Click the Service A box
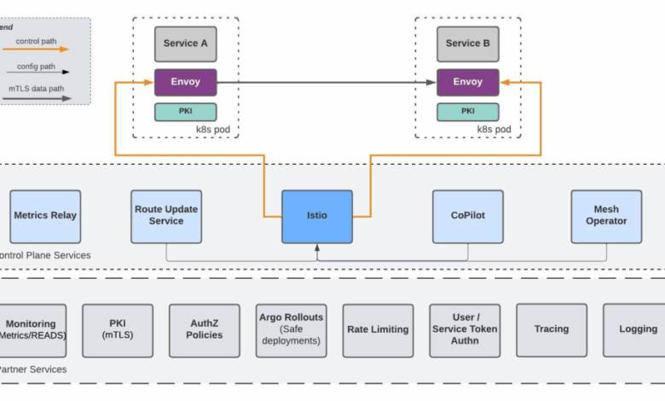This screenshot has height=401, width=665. click(185, 44)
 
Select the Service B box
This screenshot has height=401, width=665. click(468, 44)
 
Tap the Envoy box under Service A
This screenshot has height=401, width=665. click(185, 83)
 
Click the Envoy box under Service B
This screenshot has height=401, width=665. click(468, 83)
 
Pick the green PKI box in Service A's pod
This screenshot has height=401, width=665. click(185, 112)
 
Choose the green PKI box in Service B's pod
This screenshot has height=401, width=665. click(468, 112)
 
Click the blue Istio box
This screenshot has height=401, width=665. click(317, 217)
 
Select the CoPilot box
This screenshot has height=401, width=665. click(467, 216)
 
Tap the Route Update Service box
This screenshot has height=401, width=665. click(166, 216)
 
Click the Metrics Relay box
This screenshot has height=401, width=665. click(45, 216)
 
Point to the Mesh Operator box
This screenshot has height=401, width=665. click(606, 216)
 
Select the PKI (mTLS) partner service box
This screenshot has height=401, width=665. click(118, 330)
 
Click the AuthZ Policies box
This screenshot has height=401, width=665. click(204, 330)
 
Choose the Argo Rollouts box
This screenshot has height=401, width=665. click(292, 330)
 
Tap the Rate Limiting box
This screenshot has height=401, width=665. click(378, 330)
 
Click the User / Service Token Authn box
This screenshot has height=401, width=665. click(465, 330)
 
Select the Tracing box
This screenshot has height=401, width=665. click(552, 329)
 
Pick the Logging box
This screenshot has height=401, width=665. click(635, 329)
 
